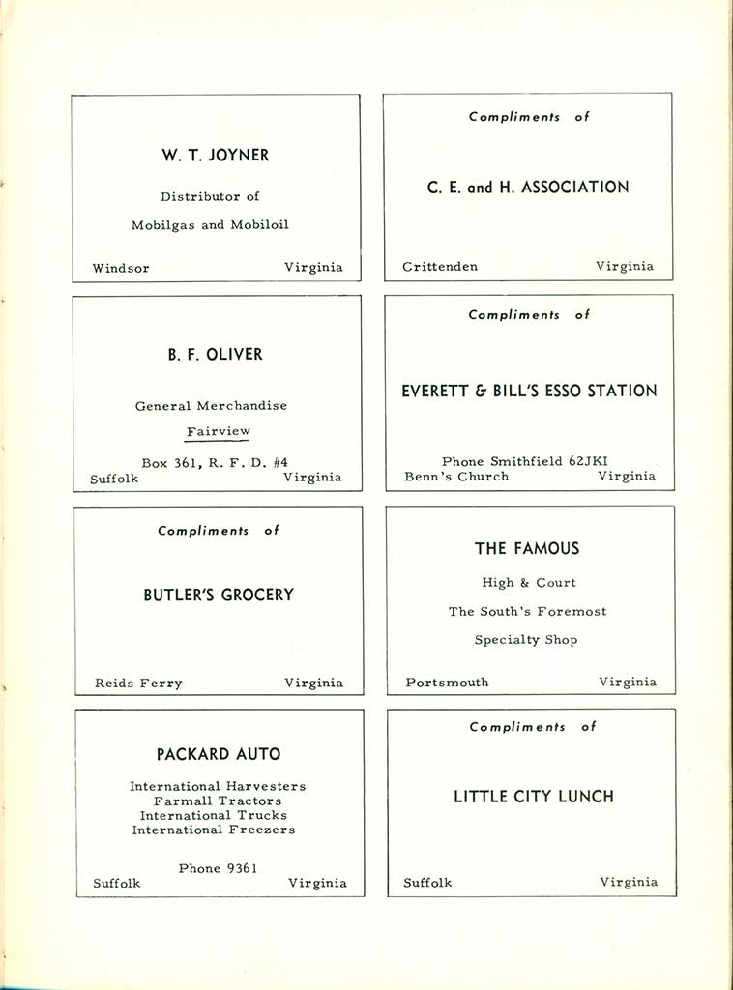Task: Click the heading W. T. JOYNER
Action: [x=215, y=155]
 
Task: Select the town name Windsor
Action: [x=121, y=268]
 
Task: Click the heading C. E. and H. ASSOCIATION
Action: [x=528, y=188]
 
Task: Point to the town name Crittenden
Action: [x=440, y=267]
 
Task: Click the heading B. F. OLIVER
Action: [x=215, y=355]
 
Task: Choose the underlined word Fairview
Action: [x=218, y=432]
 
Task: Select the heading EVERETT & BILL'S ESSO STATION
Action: [x=529, y=392]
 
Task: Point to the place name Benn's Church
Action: [x=456, y=477]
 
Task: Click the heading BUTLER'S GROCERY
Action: [x=219, y=596]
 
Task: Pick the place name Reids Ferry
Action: [x=138, y=684]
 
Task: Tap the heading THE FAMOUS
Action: [x=527, y=549]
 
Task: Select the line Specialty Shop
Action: [x=526, y=640]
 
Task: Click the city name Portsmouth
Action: [x=447, y=683]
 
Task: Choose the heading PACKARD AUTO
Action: [x=219, y=754]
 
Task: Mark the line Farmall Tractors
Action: [x=218, y=801]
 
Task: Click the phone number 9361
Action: [x=240, y=868]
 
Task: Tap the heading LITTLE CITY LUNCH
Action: [x=534, y=798]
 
